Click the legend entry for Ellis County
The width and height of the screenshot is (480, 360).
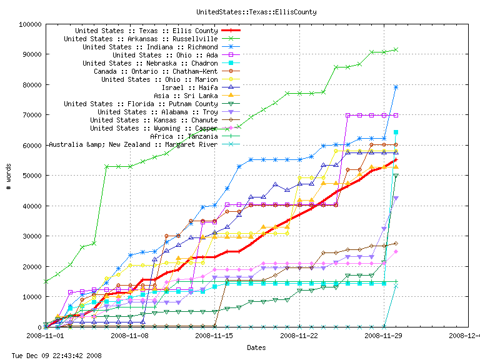coord(146,31)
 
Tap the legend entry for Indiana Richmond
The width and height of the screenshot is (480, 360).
coord(150,47)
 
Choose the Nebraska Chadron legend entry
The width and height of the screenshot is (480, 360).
coord(150,63)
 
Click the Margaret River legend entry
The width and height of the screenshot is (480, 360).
coord(132,144)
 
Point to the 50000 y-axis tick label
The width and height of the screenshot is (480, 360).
coord(29,176)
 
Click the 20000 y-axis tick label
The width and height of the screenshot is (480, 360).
coord(29,266)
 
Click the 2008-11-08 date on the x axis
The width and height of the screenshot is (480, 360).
coord(129,336)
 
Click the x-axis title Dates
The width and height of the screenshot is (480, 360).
coord(256,347)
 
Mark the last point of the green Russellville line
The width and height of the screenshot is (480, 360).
coord(396,49)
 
